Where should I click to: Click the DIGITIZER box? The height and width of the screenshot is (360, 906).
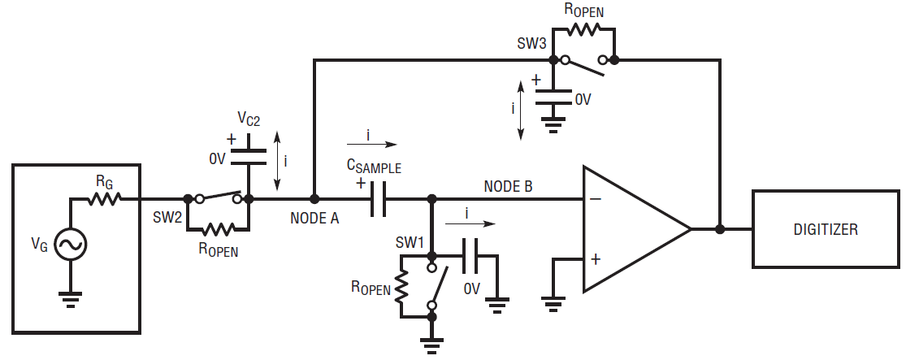pyautogui.click(x=825, y=229)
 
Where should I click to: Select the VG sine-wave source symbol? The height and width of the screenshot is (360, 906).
pyautogui.click(x=71, y=245)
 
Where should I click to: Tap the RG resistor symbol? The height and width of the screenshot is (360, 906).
pyautogui.click(x=105, y=199)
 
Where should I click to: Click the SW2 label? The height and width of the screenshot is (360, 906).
pyautogui.click(x=167, y=218)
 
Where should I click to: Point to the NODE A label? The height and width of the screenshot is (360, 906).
pyautogui.click(x=314, y=219)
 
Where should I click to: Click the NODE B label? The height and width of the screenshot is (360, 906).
pyautogui.click(x=508, y=186)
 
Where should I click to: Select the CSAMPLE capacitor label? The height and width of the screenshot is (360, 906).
pyautogui.click(x=374, y=167)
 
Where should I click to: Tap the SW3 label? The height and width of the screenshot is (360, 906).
pyautogui.click(x=532, y=44)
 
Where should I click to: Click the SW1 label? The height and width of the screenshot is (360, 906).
pyautogui.click(x=410, y=241)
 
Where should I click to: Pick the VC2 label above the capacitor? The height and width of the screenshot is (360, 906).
pyautogui.click(x=249, y=119)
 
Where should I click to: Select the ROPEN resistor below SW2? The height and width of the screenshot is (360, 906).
pyautogui.click(x=218, y=229)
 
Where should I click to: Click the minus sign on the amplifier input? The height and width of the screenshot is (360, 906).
pyautogui.click(x=596, y=199)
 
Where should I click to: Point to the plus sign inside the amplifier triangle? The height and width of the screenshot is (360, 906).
pyautogui.click(x=595, y=259)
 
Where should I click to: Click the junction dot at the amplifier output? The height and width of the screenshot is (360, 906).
pyautogui.click(x=719, y=229)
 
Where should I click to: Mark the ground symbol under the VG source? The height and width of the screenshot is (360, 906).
pyautogui.click(x=71, y=299)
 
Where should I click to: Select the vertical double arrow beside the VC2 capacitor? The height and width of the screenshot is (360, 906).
pyautogui.click(x=277, y=161)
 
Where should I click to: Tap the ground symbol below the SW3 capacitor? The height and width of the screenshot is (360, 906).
pyautogui.click(x=553, y=125)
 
